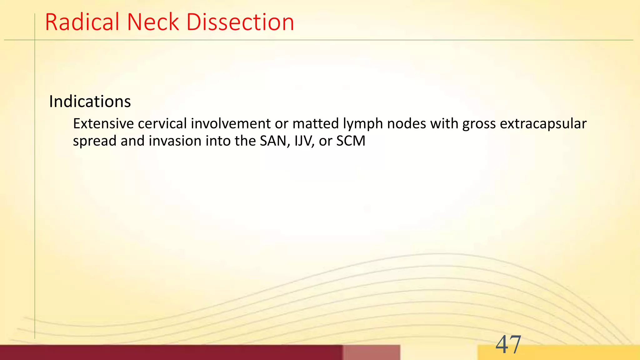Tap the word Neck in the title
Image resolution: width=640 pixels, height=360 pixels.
click(153, 22)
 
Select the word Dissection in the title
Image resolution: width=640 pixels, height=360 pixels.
click(240, 22)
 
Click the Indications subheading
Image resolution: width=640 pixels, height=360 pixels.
click(90, 102)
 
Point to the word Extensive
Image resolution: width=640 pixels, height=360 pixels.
click(103, 124)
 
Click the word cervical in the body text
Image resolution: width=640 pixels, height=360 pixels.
click(162, 124)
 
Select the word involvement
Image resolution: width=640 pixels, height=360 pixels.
click(231, 124)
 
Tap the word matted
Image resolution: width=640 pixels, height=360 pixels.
click(316, 124)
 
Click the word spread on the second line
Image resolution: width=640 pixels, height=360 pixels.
click(95, 141)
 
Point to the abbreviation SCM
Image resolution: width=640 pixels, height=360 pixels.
click(351, 141)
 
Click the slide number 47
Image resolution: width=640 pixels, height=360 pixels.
click(508, 344)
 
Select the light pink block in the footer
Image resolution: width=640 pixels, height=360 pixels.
click(371, 352)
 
